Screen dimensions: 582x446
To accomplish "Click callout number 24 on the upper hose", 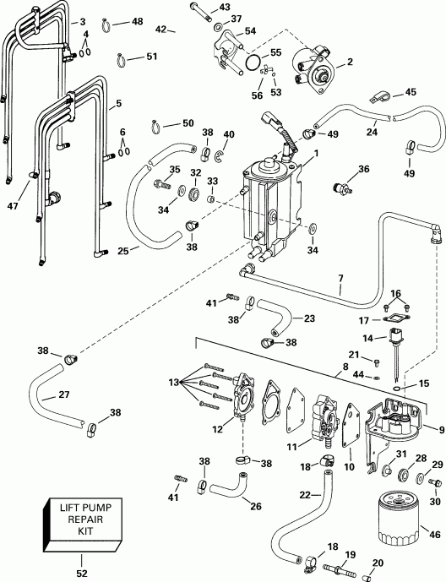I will coord(371,132).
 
